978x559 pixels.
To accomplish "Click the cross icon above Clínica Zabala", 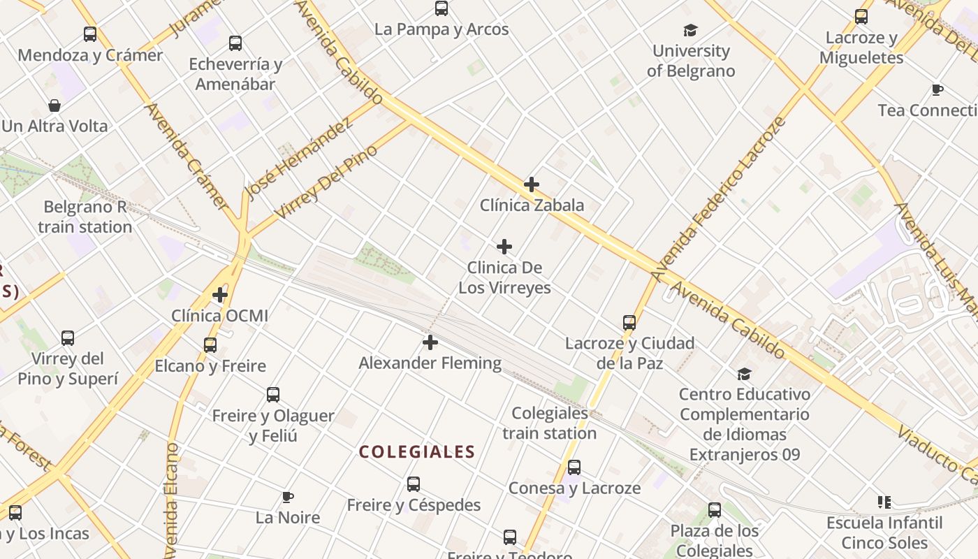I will tap(532, 184).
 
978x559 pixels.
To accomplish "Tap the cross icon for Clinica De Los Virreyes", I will tap(504, 247).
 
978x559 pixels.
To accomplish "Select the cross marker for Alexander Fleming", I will tap(430, 342).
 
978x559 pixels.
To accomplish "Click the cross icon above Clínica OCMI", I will tap(220, 295).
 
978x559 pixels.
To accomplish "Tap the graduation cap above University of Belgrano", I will tap(691, 30).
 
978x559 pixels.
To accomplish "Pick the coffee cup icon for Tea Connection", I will tap(937, 90).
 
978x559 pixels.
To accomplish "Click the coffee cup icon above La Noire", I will tap(287, 497).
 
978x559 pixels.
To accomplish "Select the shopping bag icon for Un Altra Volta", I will tap(54, 106).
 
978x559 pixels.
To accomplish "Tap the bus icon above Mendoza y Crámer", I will tap(90, 34).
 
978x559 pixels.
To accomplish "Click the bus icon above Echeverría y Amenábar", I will tap(235, 43).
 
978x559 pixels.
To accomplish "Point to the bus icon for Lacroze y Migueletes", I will tap(861, 17).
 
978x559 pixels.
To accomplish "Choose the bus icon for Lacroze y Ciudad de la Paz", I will tap(629, 323).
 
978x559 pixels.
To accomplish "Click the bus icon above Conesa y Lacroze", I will tap(574, 467).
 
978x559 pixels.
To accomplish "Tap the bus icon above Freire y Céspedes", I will tap(414, 484).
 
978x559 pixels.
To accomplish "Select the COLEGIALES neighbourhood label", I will tap(417, 452).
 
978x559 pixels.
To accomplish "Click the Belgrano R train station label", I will tap(85, 217).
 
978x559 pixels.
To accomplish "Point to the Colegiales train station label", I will tap(550, 423).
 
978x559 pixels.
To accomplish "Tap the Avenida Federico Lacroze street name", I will tap(719, 201).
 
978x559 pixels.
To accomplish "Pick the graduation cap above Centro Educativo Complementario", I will tap(745, 374).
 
